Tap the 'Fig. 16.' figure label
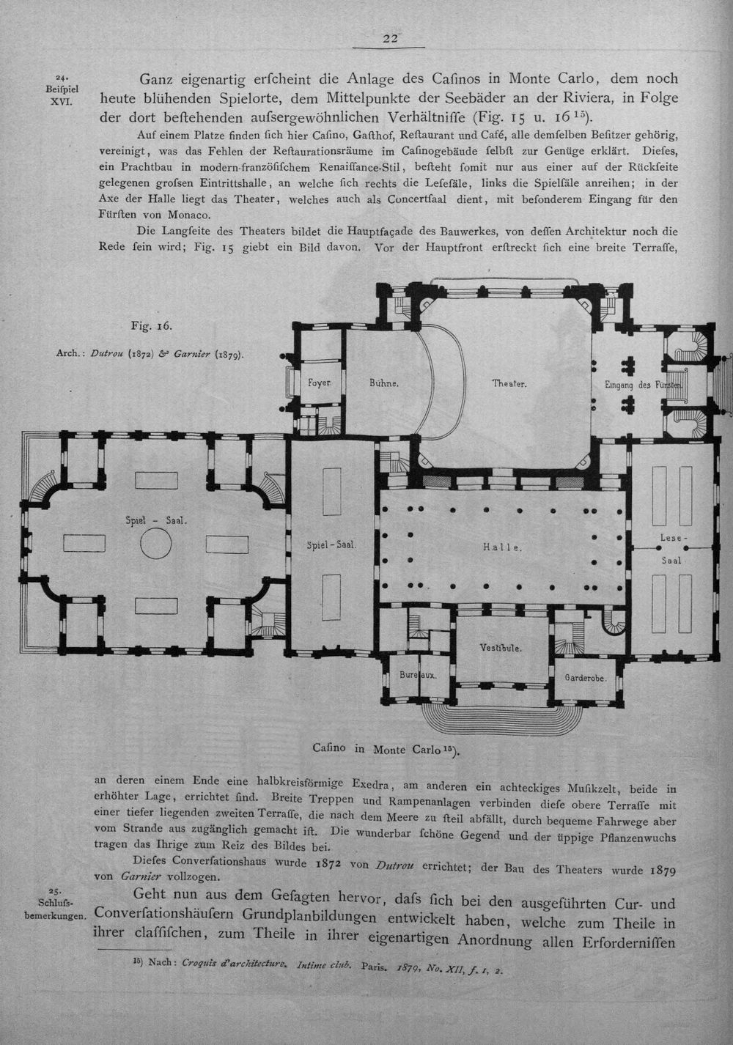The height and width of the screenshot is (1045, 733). [152, 325]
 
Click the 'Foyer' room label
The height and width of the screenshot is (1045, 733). [320, 383]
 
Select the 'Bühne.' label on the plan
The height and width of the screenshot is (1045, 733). [383, 383]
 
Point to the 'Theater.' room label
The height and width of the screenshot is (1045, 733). [509, 383]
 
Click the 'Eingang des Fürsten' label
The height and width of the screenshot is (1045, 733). [644, 385]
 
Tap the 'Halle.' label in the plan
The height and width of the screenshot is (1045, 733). [503, 547]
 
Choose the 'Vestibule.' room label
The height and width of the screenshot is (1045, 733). [501, 648]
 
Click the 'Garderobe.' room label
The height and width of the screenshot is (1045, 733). [586, 678]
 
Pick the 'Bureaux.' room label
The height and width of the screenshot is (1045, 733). [418, 675]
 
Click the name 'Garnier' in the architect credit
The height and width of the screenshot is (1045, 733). [194, 354]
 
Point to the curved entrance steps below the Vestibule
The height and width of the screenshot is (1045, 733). [501, 718]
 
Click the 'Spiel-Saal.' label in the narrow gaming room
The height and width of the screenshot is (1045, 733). [332, 544]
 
